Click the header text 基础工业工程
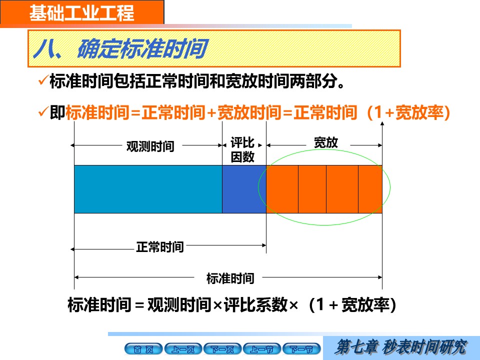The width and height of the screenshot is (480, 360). tap(81, 13)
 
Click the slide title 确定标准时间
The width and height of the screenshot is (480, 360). tap(142, 48)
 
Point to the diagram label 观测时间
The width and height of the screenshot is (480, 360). tap(150, 146)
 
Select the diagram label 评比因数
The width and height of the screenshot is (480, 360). tap(242, 149)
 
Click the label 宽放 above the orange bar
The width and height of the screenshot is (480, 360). tap(325, 142)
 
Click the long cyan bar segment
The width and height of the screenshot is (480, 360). tap(148, 189)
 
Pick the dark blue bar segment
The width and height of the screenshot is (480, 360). tap(244, 189)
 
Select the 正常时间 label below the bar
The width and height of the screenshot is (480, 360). tap(160, 247)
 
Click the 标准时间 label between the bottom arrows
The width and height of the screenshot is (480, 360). tap(230, 278)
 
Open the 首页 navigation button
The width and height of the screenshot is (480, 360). tap(143, 349)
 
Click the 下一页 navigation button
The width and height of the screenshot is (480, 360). tap(222, 349)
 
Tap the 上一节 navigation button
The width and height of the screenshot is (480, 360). tap(261, 349)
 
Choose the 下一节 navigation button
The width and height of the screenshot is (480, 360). tap(301, 349)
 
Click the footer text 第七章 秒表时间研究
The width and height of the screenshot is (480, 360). tap(401, 347)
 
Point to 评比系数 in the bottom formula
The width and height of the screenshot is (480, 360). tap(256, 305)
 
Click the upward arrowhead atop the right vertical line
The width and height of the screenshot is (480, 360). tap(382, 123)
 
